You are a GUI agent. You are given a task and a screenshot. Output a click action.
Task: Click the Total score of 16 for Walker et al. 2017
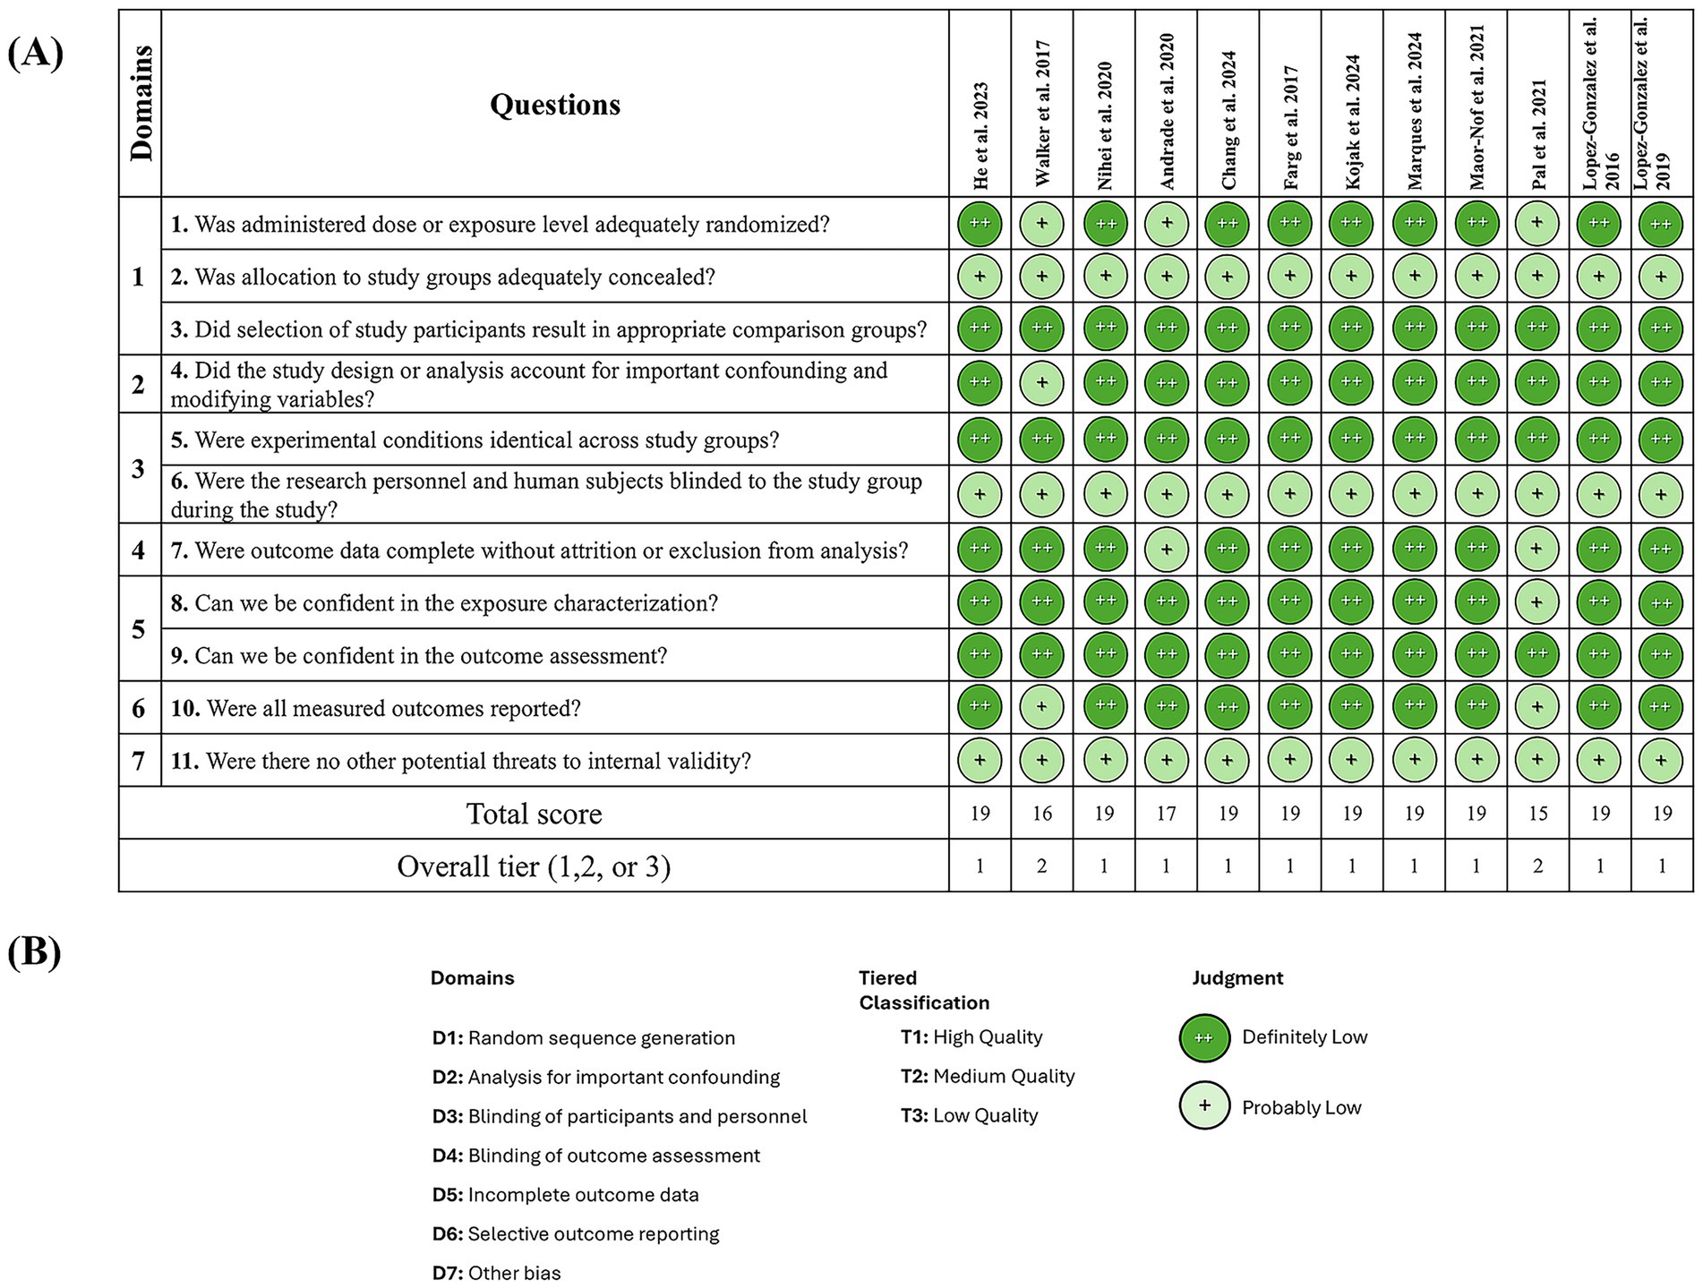1042,814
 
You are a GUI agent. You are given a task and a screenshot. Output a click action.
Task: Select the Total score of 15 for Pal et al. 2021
1537,814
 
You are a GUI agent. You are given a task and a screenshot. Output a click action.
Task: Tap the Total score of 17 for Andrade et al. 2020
1166,814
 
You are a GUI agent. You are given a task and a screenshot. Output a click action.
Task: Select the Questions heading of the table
554,105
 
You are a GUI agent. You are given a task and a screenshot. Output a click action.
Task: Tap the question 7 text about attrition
539,550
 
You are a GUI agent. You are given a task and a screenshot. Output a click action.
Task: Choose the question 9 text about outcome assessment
419,656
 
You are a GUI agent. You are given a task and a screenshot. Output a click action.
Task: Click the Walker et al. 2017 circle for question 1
1042,224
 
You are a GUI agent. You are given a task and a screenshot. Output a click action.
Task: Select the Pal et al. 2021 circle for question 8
1537,602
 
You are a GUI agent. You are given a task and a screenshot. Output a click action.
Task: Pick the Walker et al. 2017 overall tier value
1042,866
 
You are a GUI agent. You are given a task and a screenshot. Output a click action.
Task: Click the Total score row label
534,814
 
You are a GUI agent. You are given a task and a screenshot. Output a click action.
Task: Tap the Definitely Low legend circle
1204,1038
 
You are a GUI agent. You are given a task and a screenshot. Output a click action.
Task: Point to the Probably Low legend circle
1204,1105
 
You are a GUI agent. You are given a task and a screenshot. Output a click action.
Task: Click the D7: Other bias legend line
497,1273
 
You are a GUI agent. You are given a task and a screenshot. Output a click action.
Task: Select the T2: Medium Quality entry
988,1077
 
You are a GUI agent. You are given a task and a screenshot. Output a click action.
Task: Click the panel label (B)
35,952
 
